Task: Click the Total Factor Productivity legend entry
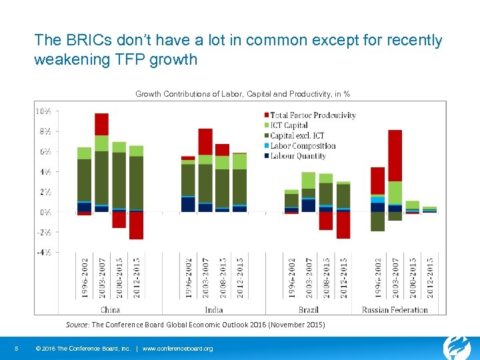coord(313,115)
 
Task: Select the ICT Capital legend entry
coord(289,125)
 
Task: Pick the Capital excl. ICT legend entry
coord(297,135)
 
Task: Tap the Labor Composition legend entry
coord(302,145)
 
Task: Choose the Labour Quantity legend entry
coord(297,156)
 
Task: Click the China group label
coord(110,309)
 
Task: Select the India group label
coord(214,309)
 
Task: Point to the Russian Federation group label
coord(395,309)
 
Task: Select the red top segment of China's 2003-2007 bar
coord(101,124)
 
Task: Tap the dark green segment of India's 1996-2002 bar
coord(188,179)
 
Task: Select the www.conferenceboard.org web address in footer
coord(178,349)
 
